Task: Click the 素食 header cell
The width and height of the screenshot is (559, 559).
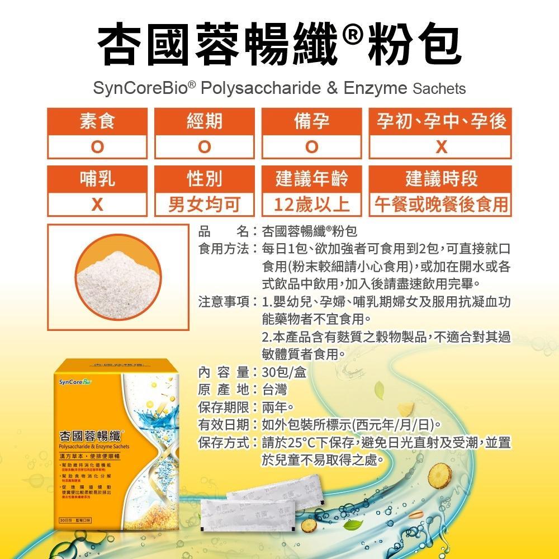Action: click(97, 121)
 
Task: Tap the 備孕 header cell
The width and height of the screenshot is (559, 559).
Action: click(312, 121)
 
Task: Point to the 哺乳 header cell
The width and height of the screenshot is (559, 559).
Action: click(97, 179)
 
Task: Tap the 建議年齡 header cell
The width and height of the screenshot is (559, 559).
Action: click(312, 179)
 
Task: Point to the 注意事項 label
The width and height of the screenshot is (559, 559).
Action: click(224, 302)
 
